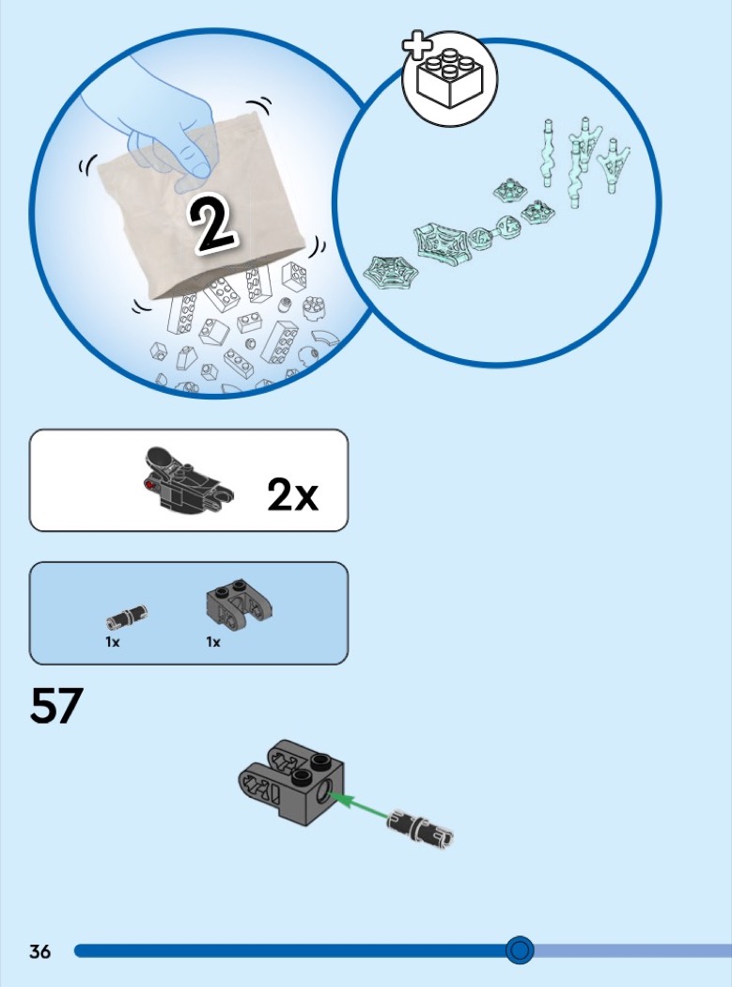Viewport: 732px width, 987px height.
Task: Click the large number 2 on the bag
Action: (212, 226)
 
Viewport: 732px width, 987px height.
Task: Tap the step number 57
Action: (56, 706)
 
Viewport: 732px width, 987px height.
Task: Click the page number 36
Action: (39, 950)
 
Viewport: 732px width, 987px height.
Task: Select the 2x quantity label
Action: (292, 494)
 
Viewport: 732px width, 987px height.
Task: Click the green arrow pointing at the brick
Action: (360, 807)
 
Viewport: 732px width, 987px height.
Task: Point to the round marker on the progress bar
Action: (520, 949)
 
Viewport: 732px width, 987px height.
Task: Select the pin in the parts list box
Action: (127, 617)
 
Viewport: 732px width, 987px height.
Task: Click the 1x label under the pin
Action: (113, 642)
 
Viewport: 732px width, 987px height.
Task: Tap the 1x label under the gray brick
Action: (213, 642)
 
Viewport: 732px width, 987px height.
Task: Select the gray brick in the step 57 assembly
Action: (291, 782)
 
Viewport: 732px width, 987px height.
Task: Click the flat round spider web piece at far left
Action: (390, 273)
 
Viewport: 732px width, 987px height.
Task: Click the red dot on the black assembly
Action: (149, 484)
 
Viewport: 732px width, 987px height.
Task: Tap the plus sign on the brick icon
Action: (417, 46)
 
